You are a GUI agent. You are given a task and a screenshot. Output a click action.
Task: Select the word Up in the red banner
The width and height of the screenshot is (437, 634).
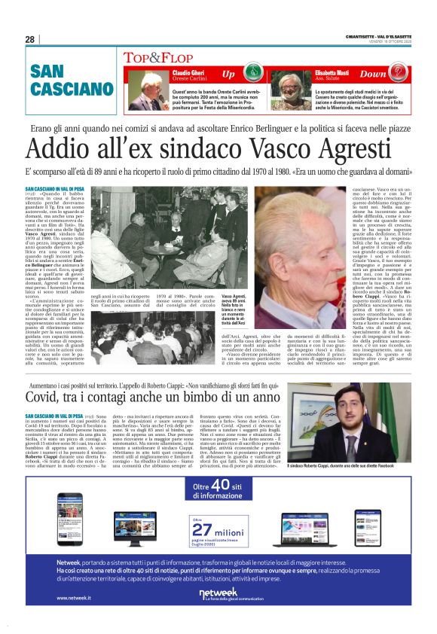coord(229,75)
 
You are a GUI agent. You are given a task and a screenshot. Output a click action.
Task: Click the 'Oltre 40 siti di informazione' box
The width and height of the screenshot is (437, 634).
coord(218,491)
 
